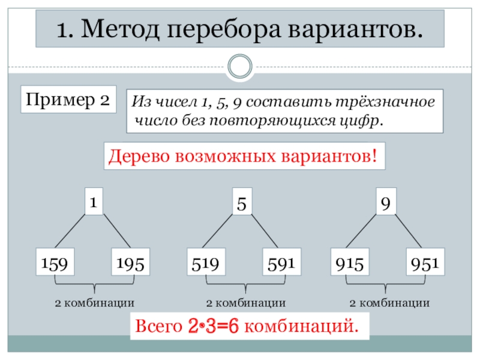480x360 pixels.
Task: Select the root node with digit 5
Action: click(x=242, y=203)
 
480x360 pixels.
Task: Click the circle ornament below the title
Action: click(x=240, y=65)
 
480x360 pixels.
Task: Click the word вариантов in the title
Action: click(x=358, y=29)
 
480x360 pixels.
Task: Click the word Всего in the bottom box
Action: click(x=158, y=327)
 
